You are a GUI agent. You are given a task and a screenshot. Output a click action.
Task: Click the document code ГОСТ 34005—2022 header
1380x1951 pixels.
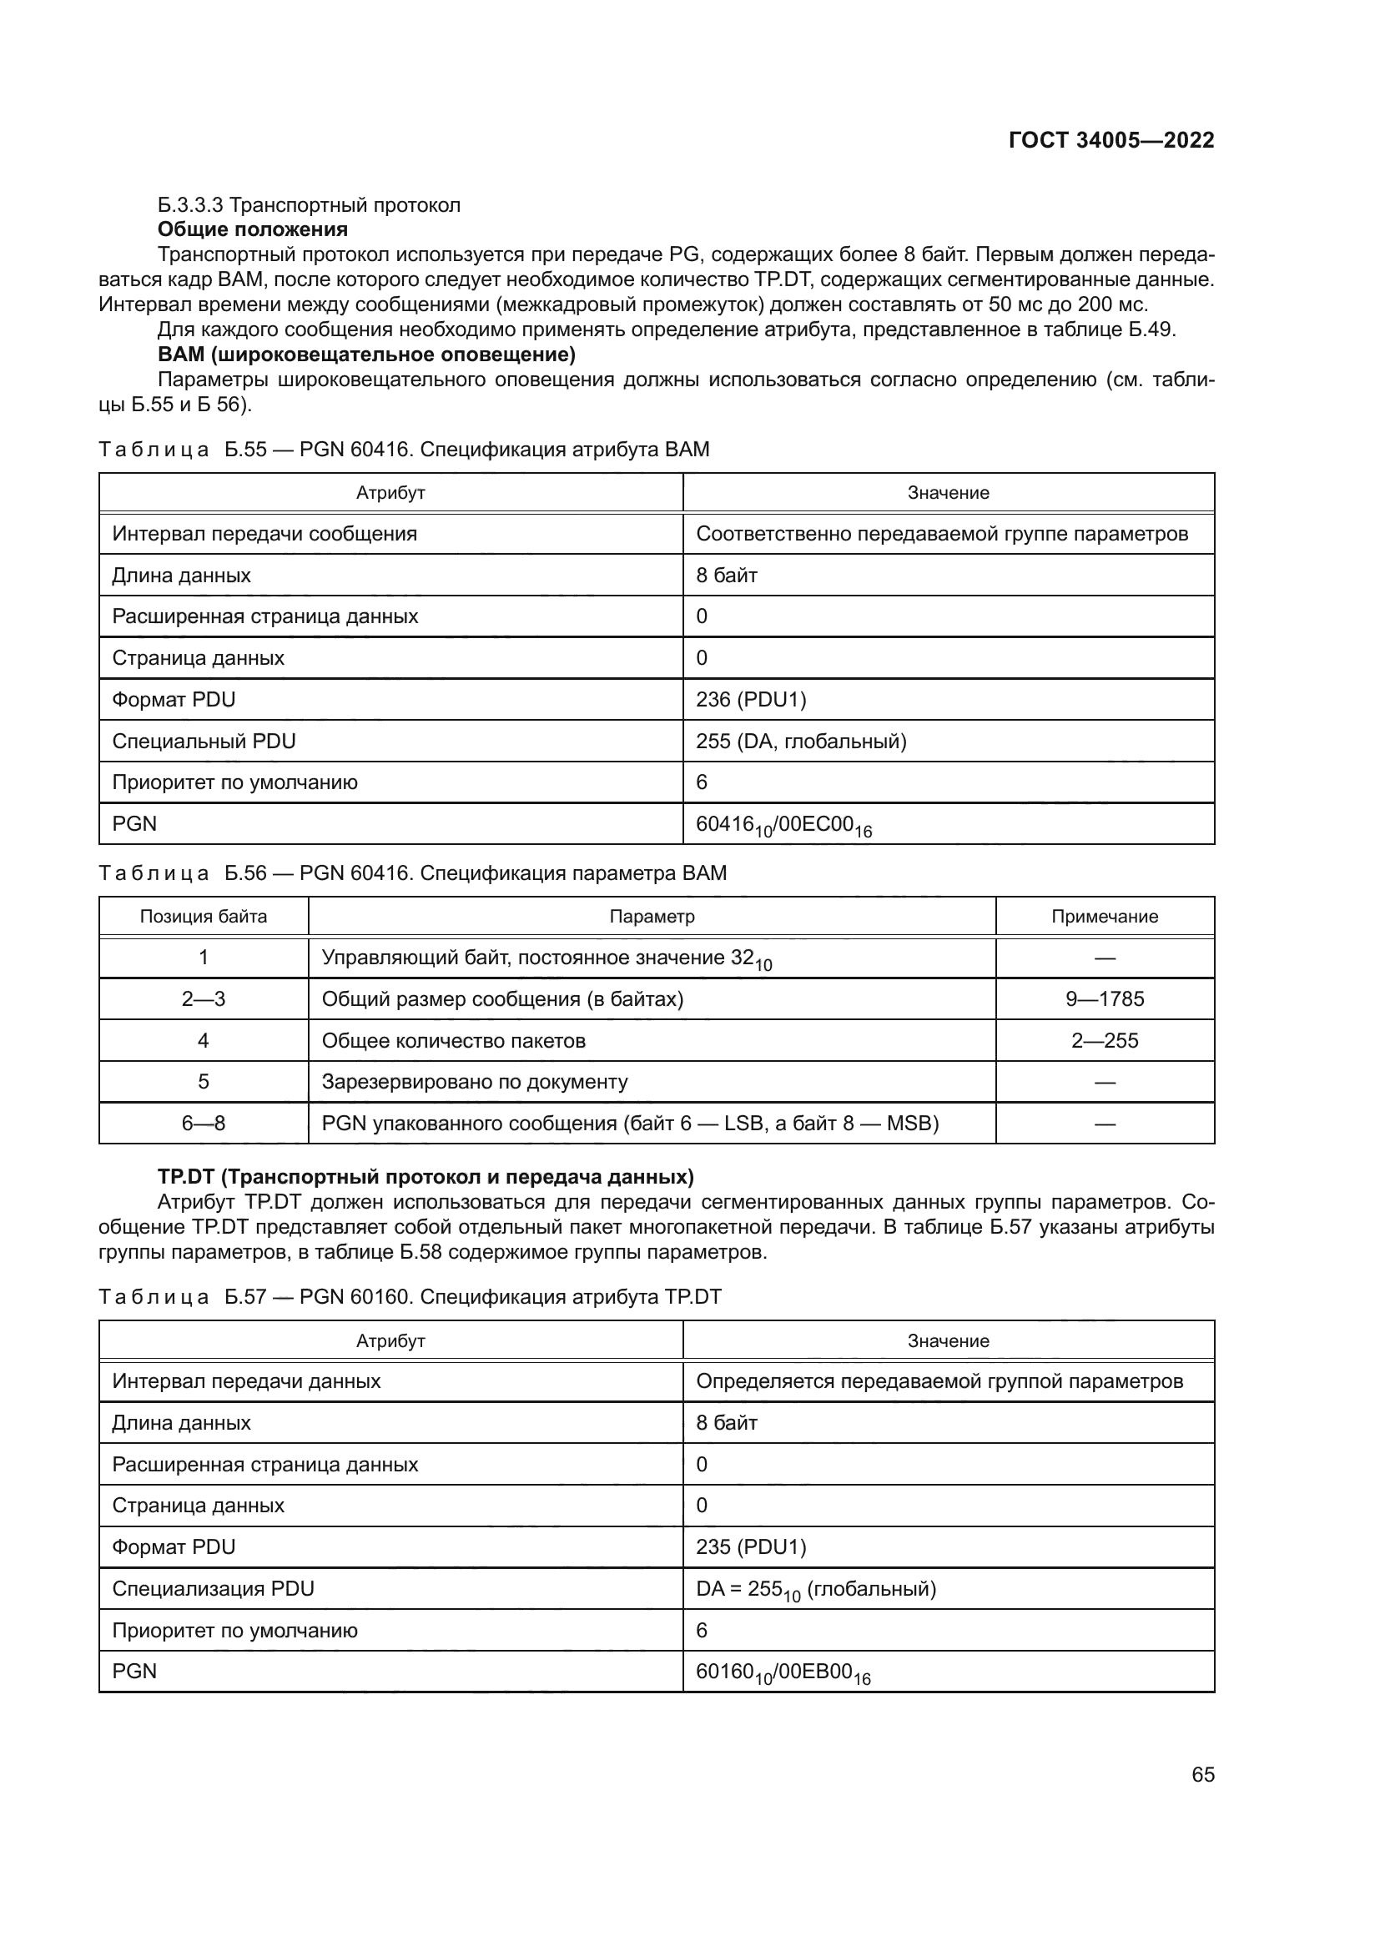click(1111, 140)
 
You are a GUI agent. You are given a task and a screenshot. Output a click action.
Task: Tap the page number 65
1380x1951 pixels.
click(1202, 1774)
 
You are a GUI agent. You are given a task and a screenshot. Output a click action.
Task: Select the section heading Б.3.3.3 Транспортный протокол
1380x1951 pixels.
click(309, 205)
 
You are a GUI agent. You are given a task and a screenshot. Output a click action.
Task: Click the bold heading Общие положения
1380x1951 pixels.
click(252, 229)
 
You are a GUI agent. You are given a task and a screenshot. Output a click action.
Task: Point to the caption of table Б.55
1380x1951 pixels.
click(404, 450)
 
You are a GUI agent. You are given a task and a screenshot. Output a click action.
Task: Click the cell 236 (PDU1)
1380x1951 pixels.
click(751, 699)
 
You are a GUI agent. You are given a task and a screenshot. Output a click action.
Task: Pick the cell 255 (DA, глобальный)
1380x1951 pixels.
click(801, 741)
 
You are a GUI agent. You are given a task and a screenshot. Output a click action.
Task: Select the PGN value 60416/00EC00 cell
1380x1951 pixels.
click(783, 825)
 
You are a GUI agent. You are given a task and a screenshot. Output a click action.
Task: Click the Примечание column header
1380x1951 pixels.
click(1104, 916)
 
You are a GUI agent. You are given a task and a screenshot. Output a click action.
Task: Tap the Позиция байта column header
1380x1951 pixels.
click(203, 916)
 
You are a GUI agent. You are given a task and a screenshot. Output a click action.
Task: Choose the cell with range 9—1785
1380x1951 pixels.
click(1104, 998)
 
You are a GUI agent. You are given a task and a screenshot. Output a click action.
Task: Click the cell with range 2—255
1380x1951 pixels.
click(1104, 1040)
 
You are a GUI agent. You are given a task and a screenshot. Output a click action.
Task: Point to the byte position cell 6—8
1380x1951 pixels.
click(203, 1124)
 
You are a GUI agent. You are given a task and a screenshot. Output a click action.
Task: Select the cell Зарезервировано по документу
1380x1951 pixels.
click(474, 1082)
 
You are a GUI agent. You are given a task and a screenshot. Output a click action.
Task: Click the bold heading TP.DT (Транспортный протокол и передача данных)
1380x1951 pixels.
click(426, 1177)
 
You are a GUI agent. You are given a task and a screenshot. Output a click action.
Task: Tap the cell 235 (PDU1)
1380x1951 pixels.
click(751, 1546)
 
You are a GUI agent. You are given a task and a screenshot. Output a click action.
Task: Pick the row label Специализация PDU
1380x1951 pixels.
click(214, 1588)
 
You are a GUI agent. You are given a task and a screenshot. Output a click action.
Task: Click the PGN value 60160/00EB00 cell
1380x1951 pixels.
click(783, 1672)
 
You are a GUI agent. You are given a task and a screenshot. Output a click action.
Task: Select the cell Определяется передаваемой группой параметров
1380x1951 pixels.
click(939, 1380)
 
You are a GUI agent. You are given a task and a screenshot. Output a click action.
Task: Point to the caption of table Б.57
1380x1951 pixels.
click(410, 1297)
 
